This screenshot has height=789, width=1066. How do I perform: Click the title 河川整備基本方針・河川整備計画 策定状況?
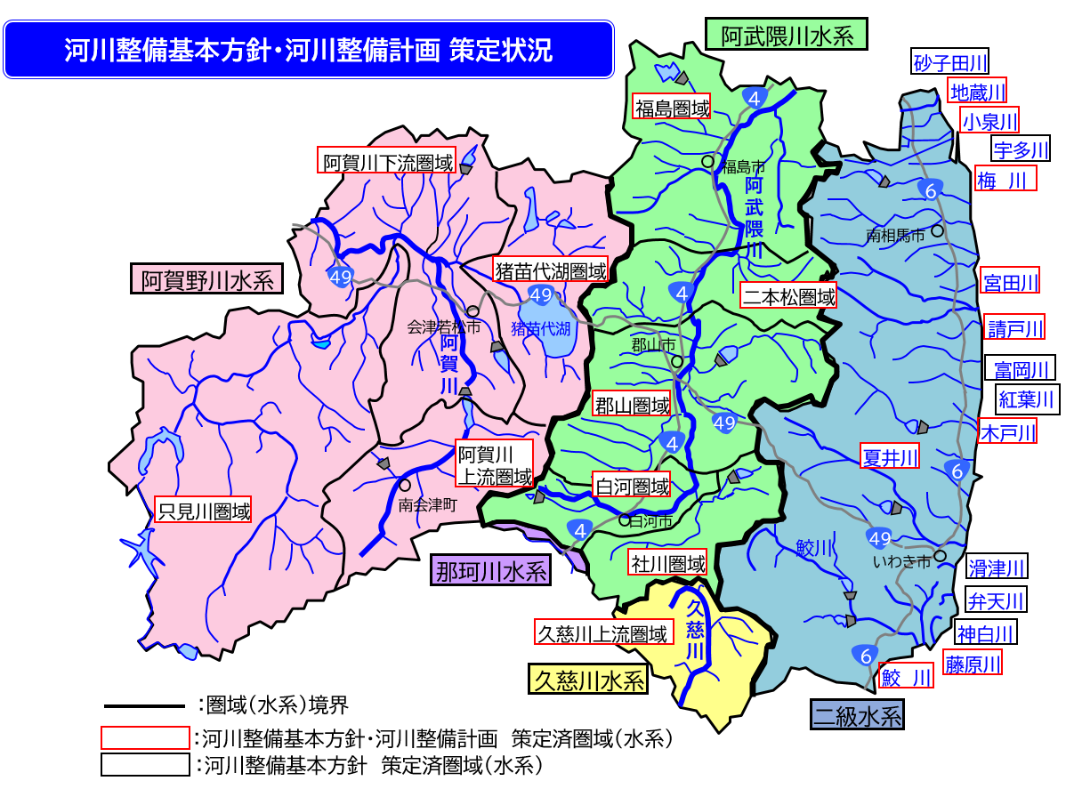point(308,49)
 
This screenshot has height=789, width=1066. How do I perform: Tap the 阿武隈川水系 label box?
point(787,36)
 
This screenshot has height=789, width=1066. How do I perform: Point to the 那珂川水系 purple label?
point(489,570)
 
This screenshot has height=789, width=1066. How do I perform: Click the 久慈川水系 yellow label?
point(587,680)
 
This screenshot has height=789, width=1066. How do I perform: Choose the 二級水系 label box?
point(857,714)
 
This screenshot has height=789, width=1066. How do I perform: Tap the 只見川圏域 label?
point(203,511)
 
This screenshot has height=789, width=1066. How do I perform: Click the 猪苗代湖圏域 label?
point(551,270)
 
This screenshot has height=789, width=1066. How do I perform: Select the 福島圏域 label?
point(672,108)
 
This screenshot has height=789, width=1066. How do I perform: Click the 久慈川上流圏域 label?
point(602,632)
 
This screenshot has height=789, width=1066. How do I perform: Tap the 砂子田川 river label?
point(950,62)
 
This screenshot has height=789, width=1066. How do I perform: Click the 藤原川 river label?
point(973,663)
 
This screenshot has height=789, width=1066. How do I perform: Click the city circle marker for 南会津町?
point(405,486)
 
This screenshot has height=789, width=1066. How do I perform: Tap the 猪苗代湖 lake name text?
point(540,328)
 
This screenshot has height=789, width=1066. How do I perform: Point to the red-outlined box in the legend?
point(145,738)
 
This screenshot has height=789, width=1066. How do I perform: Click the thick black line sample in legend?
point(144,706)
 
